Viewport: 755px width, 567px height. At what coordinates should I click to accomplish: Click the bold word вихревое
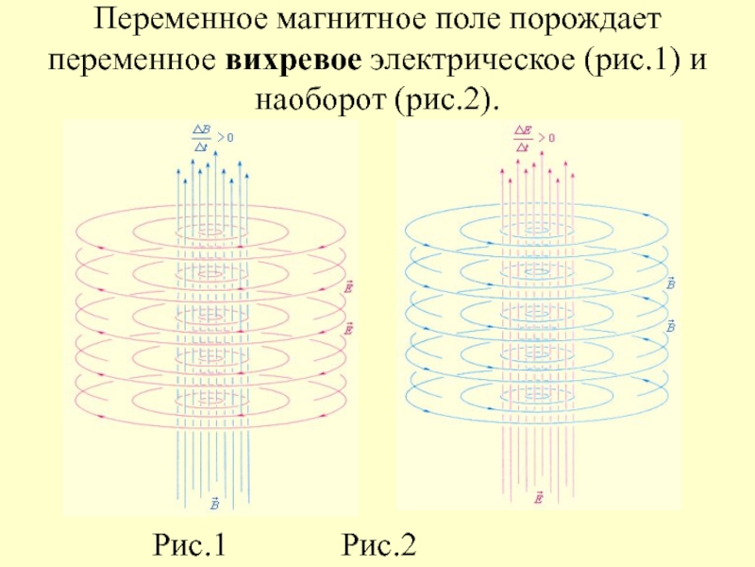tap(294, 59)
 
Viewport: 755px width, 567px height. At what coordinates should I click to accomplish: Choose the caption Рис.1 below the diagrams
tap(190, 545)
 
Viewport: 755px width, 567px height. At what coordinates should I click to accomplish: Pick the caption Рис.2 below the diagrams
tap(379, 545)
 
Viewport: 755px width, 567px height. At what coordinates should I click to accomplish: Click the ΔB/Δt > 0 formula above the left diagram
tap(211, 138)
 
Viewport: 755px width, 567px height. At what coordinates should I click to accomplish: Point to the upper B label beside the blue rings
tap(670, 283)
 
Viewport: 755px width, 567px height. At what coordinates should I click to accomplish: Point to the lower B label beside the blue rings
tap(670, 326)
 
